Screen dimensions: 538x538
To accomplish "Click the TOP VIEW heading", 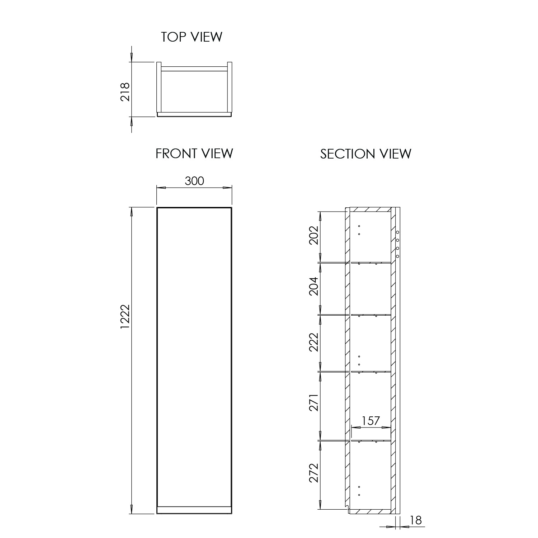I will pos(192,37).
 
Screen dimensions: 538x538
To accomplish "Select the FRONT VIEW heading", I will pos(194,154).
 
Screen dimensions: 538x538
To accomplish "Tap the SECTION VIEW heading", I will pos(365,154).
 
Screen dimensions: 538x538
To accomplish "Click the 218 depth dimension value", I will pos(125,92).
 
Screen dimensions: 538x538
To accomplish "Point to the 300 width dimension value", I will pos(194,181).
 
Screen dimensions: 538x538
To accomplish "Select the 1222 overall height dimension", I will pos(125,317).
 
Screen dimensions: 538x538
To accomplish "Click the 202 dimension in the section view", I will pos(314,235).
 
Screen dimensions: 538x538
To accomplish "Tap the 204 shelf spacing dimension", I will pos(314,286).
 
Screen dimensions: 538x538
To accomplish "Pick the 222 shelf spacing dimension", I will pos(314,342).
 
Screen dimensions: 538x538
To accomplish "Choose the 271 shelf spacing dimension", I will pos(314,403).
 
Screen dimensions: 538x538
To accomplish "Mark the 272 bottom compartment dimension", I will pos(314,473).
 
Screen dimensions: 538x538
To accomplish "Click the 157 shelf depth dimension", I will pos(371,421).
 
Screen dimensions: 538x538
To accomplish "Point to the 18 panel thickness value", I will pos(416,520).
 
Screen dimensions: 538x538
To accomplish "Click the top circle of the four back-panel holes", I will pos(397,232).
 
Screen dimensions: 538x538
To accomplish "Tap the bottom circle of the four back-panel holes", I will pos(397,256).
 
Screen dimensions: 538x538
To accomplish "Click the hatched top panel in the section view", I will pos(369,209).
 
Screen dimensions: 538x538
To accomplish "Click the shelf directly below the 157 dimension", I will pos(371,440).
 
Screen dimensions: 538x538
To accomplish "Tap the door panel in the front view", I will pos(194,355).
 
